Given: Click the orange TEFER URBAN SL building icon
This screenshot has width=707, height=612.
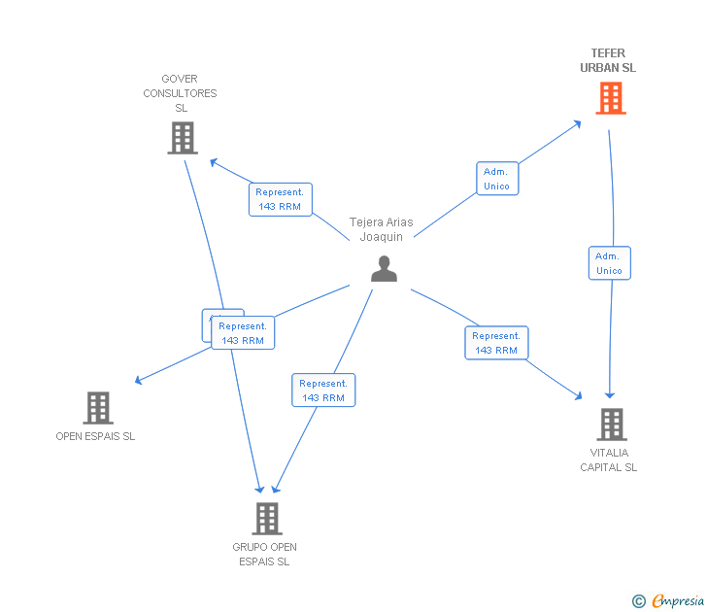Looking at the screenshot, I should coord(610,98).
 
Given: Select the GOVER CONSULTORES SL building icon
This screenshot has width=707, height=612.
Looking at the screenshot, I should coord(182,138).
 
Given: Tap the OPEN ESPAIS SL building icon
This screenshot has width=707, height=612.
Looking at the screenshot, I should coord(98,408).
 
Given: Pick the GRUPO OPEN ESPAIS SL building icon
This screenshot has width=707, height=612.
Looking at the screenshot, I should coord(267,519).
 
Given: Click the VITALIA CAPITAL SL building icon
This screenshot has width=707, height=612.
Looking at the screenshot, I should coord(611,425).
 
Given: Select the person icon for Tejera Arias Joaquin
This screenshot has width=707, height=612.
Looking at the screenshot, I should coord(384,269).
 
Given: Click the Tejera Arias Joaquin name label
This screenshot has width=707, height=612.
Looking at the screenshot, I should coord(382,229).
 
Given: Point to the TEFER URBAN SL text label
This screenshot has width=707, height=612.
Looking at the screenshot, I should coord(608,61).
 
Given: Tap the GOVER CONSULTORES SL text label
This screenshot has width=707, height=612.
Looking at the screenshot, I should coord(181,93).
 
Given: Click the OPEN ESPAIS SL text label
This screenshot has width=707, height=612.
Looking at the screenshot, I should coord(95,436).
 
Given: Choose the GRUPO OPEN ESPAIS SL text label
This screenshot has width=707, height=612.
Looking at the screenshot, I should coord(264,554).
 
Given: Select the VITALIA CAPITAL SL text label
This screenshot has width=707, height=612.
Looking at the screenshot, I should coord(609,459).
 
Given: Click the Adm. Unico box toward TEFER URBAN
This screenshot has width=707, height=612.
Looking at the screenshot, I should coord(496,179).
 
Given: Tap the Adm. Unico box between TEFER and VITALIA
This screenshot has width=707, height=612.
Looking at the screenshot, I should coord(609,263).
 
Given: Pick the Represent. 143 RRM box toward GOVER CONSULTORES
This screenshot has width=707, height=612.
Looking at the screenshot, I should coord(280,199).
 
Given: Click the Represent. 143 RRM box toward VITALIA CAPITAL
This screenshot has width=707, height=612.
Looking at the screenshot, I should coord(496,343).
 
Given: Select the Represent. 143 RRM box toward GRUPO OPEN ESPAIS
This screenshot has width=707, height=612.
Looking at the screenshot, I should coord(323,391).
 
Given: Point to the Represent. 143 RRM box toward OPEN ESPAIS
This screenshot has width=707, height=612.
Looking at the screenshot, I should coord(243,333).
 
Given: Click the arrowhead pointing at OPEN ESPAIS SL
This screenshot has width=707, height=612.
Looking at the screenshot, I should coord(140,380).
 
